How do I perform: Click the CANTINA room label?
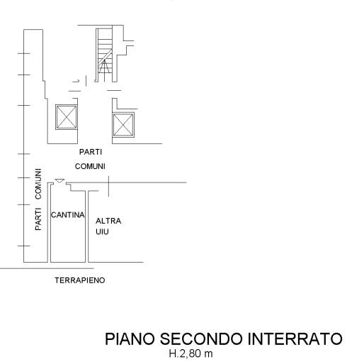pos(68,215)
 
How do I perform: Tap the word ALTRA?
pos(108,221)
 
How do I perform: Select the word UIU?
pos(102,231)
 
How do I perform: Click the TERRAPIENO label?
pos(80,280)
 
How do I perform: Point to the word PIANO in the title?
pos(130,339)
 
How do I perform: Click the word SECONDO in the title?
pos(202,339)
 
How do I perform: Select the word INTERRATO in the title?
pos(295,339)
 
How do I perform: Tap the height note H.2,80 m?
pos(190,353)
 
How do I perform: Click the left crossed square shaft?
pos(67,117)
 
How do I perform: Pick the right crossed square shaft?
pos(123,125)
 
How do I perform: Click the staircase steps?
pos(105,55)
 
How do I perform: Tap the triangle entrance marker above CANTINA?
pos(59,181)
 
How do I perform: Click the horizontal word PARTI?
pos(91,152)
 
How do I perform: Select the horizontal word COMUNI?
pos(90,166)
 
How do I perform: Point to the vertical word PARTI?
pos(38,219)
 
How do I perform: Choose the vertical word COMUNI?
pos(38,184)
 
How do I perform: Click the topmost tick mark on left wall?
pos(23,53)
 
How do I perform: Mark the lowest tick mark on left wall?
pos(23,246)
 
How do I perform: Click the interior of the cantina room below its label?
pos(68,240)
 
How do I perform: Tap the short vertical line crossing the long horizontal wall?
pos(108,187)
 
